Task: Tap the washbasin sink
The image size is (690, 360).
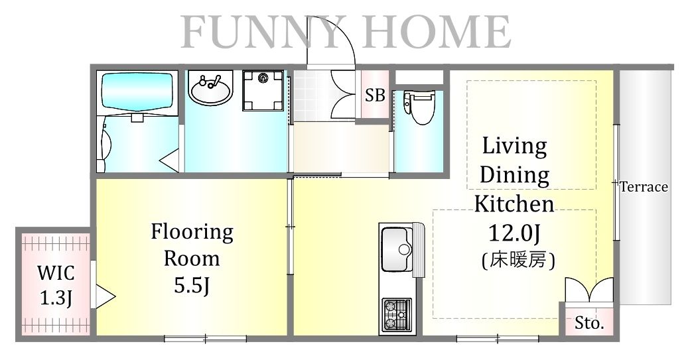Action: click(210, 89)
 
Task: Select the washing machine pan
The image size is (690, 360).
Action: click(262, 91)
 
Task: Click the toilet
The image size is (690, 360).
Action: click(418, 107)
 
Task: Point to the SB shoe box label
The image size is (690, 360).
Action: click(375, 95)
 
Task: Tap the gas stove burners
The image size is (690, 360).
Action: click(396, 314)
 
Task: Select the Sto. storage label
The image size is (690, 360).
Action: click(589, 324)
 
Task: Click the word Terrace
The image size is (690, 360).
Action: click(644, 187)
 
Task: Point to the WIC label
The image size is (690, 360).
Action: click(56, 273)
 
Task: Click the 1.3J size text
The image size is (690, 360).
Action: click(56, 298)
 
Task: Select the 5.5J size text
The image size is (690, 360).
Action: click(192, 286)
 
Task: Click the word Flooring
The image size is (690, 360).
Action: click(192, 232)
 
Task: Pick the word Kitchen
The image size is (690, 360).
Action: click(514, 204)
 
